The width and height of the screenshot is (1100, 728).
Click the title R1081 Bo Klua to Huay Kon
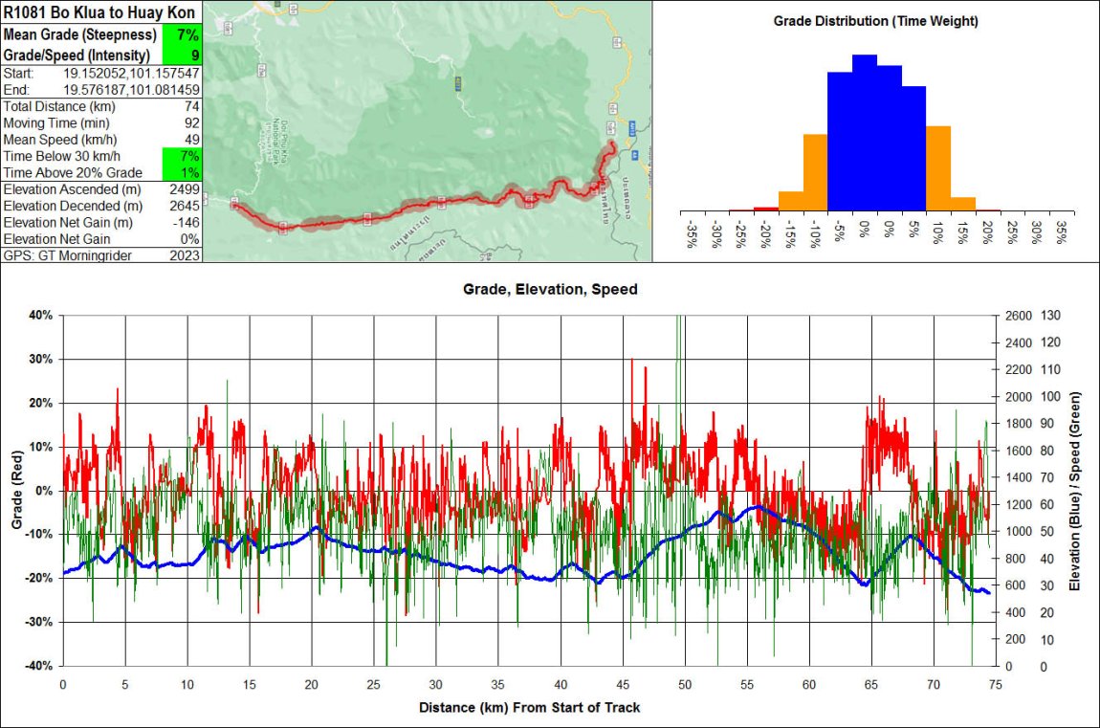tap(100, 12)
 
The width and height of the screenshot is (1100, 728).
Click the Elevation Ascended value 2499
tap(185, 189)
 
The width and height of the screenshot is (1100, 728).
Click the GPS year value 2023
tap(185, 255)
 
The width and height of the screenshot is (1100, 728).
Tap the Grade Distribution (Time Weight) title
tap(875, 21)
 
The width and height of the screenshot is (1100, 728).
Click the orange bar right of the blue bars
tap(937, 167)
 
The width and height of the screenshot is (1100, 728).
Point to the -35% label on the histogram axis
tap(692, 234)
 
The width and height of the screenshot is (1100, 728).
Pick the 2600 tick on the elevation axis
tap(1017, 315)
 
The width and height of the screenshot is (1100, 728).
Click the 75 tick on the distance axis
tap(996, 684)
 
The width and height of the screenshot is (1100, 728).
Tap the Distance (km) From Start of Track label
tap(529, 708)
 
